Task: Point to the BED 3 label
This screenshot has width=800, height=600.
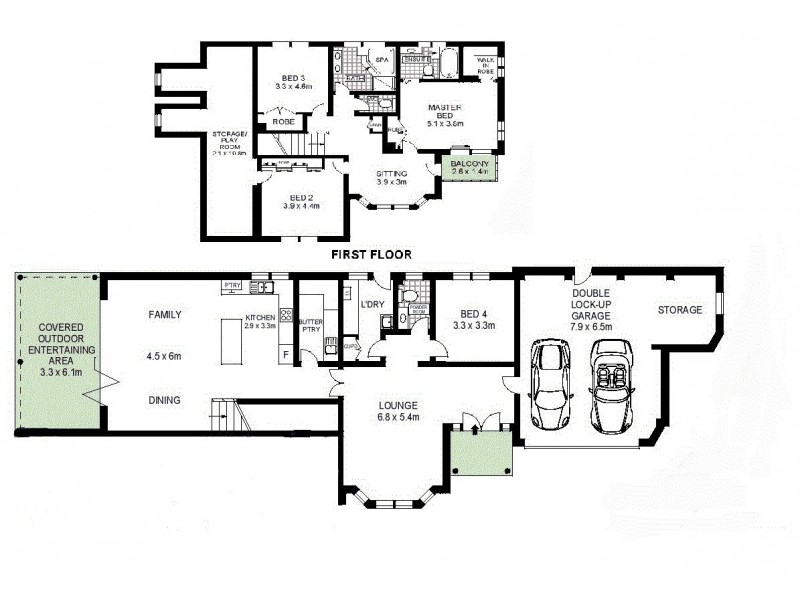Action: [x=292, y=78]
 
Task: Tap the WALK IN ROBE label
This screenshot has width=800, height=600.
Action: [x=486, y=66]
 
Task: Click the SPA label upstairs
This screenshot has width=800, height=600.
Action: [x=381, y=61]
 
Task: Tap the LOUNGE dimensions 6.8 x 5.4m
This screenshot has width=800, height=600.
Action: [x=399, y=418]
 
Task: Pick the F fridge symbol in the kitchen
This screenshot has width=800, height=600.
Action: [x=285, y=353]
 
